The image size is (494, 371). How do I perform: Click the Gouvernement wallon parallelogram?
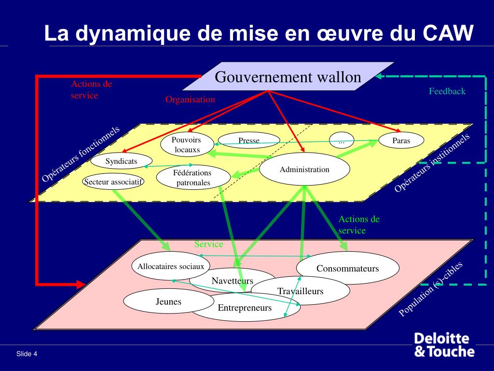[288, 77]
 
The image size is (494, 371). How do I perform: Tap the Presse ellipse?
[249, 141]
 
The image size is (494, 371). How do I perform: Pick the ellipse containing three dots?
[342, 142]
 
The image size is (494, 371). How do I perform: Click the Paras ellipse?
[401, 141]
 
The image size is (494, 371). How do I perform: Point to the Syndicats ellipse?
[122, 161]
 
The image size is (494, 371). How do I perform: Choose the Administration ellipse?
[304, 170]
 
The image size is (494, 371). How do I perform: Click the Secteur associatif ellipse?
[113, 182]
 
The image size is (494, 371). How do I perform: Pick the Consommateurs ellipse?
[348, 268]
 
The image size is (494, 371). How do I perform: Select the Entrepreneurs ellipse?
[245, 308]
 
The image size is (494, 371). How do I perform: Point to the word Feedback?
[447, 91]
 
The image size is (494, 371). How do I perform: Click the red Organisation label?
[190, 100]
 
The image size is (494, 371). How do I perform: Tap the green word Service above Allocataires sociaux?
[208, 244]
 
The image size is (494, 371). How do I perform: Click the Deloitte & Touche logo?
[444, 344]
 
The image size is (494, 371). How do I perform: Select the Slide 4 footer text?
[27, 354]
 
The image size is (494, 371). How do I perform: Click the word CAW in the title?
[449, 34]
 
